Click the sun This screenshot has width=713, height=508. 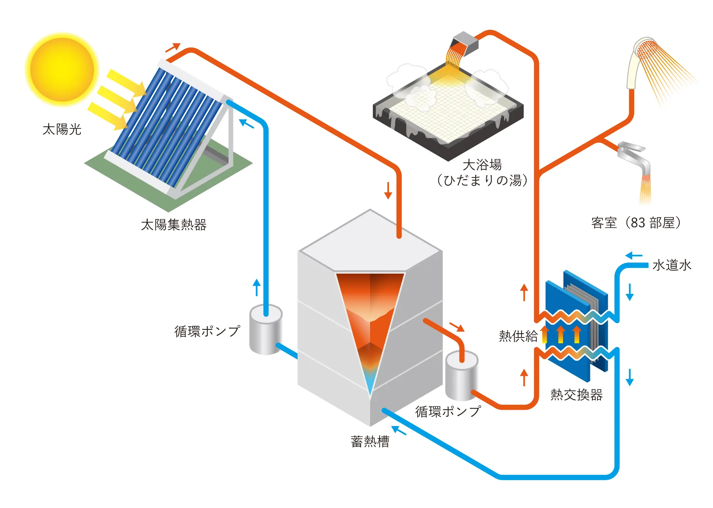pos(62,70)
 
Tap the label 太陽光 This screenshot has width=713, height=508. pos(62,129)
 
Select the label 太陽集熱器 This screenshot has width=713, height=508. pos(174,225)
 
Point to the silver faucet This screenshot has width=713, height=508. pos(634,157)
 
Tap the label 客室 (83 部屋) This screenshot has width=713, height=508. pos(636,223)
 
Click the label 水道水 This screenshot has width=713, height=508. pos(672,265)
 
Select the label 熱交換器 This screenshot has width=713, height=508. pos(577,395)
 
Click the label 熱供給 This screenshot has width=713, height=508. pos(518,336)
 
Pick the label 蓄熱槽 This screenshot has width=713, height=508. pos(370,442)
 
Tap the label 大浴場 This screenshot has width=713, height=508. pos(482,165)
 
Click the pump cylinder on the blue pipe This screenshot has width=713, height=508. pos(266,329)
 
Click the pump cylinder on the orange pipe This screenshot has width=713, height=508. pos(462,375)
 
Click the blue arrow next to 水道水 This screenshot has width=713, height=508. pos(634,256)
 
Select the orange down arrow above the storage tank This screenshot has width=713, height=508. pos(388,190)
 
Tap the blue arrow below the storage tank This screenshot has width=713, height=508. pos(399,430)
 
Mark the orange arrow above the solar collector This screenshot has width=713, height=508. pos(173,47)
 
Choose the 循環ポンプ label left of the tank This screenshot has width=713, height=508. pos(207,331)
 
